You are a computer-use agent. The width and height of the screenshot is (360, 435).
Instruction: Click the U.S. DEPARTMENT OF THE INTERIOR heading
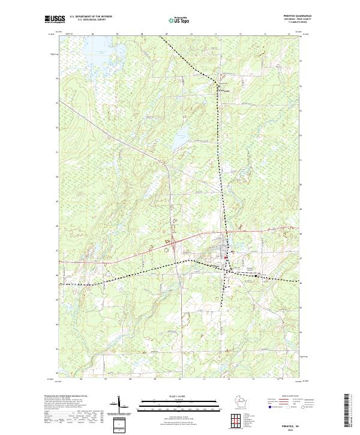click(x=90, y=16)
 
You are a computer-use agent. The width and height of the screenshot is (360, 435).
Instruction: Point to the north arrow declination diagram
click(x=118, y=404)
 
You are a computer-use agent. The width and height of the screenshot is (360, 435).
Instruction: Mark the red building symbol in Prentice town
click(x=226, y=259)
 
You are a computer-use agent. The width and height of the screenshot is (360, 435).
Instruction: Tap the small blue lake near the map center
click(x=178, y=142)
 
